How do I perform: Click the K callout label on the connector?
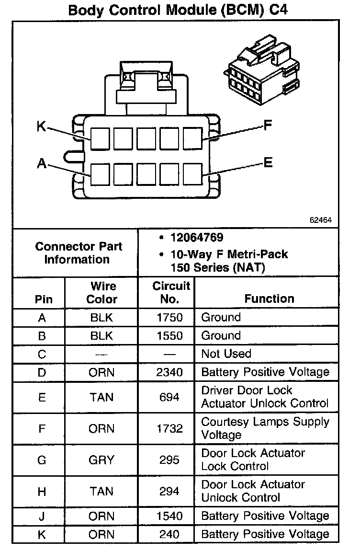point(42,126)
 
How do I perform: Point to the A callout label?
point(42,164)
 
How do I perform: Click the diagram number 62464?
point(320,220)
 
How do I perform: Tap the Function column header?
point(269,298)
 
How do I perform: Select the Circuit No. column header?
point(171,292)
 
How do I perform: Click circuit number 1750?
point(169,317)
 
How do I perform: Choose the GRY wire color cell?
point(101,460)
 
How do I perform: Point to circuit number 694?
point(169,397)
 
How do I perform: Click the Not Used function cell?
point(226,354)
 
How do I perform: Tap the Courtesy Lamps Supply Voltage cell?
point(265,428)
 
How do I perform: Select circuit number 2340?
point(169,372)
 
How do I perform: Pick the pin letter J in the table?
point(42,516)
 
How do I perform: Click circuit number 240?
point(169,534)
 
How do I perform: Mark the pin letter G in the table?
point(42,460)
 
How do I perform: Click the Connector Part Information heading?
point(78,253)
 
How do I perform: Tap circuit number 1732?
point(169,428)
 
